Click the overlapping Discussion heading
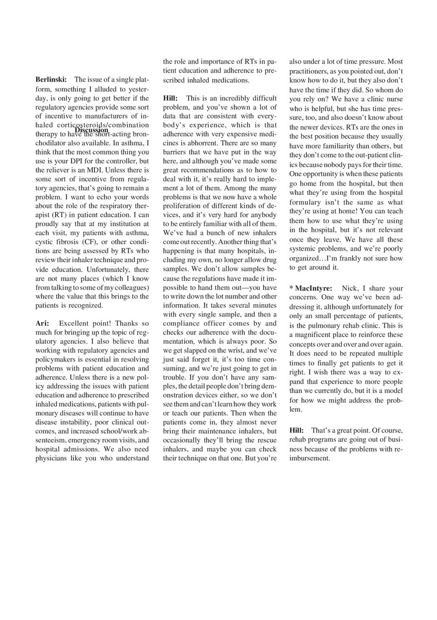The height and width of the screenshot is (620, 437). pos(91,130)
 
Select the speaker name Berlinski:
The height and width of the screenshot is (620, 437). pos(51,80)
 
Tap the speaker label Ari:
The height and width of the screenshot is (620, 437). pos(42,323)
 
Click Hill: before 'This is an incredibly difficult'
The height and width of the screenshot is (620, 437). pos(170,98)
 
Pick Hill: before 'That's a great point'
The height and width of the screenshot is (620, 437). pos(296,431)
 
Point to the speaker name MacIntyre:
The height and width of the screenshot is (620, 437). pos(313,288)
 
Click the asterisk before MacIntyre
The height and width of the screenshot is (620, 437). pos(291,288)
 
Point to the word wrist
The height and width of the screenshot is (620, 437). pos(233,351)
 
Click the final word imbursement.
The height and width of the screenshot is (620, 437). pos(309,458)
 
